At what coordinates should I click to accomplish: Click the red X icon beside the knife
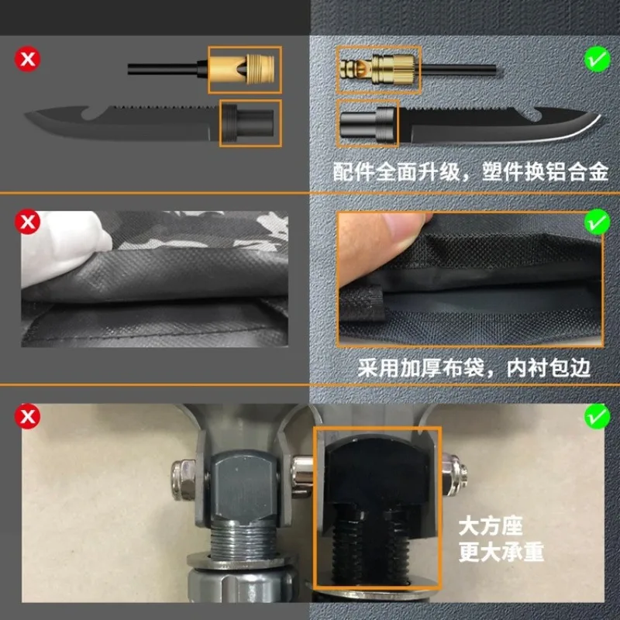point(28,60)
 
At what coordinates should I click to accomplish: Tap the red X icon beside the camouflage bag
point(28,222)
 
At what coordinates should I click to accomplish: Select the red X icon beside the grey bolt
point(28,416)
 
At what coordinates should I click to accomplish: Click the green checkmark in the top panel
point(597,60)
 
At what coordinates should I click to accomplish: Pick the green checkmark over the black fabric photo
point(597,222)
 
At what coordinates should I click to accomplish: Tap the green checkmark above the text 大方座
point(597,416)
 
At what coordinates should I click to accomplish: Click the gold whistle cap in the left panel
point(242,69)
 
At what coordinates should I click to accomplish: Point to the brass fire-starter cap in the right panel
point(377,69)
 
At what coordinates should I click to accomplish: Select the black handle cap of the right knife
point(367,124)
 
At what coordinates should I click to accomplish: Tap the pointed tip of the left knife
point(26,115)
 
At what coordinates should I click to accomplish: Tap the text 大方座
point(491,526)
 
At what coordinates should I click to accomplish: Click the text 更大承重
point(501,552)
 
